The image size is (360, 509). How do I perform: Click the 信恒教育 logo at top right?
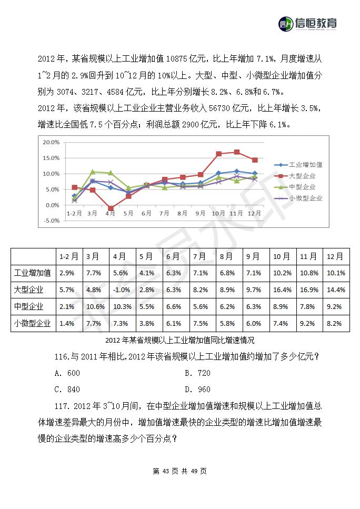point(307,24)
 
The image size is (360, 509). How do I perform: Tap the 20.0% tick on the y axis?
point(51,143)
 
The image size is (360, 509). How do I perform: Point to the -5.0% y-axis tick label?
point(51,221)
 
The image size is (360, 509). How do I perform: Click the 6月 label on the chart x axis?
point(146,213)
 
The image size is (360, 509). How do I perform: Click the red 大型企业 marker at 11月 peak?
point(237,152)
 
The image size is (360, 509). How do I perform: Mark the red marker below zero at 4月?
point(111,208)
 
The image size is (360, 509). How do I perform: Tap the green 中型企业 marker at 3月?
point(93,172)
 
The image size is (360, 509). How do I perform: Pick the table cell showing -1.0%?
point(122,290)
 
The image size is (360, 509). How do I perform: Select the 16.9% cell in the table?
point(309,290)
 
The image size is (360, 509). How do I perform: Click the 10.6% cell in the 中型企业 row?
point(95,307)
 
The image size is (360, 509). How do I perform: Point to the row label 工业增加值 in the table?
point(33,273)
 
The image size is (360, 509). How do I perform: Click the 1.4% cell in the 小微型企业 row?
point(67,324)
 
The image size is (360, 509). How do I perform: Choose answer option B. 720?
point(198,373)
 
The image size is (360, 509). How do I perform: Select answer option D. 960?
point(198,390)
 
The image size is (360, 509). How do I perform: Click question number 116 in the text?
point(62,357)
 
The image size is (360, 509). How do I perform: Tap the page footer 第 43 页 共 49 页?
point(180,471)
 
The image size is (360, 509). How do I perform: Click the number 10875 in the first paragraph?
point(177,59)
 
